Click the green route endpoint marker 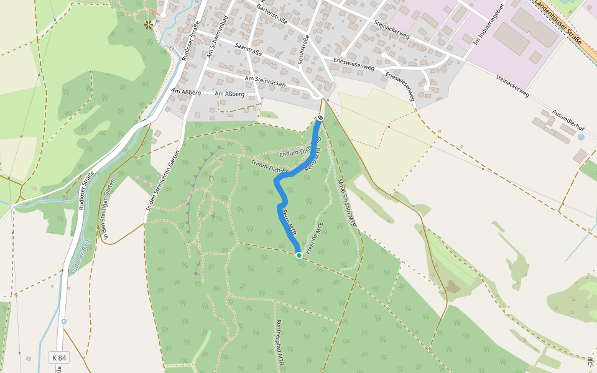pos(298,255)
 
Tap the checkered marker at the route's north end pos(320,117)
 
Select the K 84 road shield pos(58,357)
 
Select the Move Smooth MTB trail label pos(347,202)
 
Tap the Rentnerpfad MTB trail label pos(279,341)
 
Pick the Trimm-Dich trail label pos(269,166)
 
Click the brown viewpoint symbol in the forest pos(148,24)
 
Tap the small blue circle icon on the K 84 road pos(64,321)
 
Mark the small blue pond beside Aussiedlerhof pos(581,137)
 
